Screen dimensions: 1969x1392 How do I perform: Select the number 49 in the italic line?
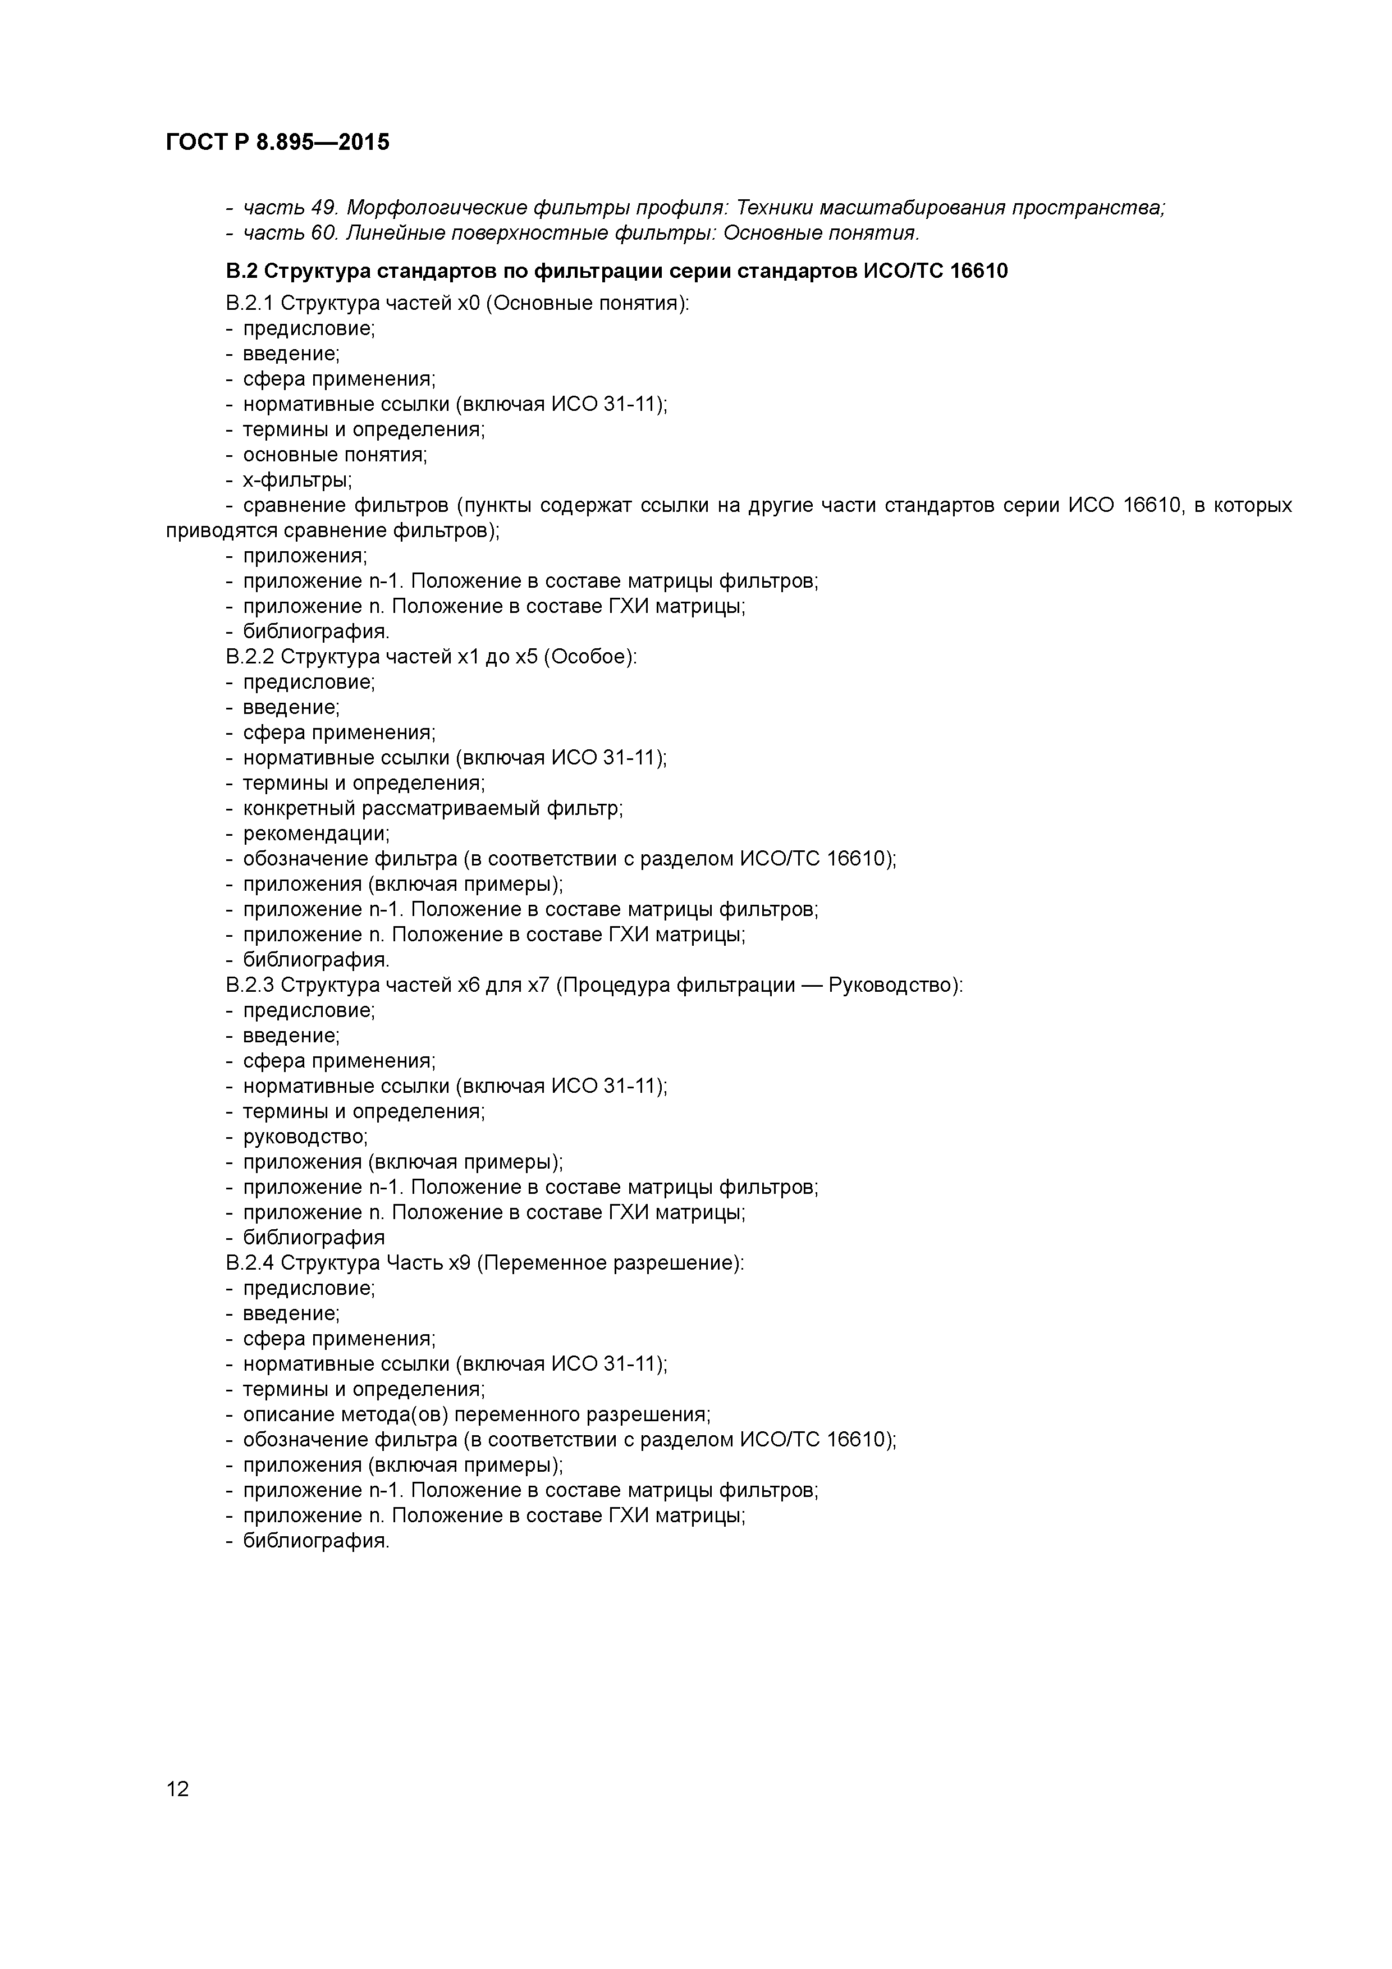point(323,208)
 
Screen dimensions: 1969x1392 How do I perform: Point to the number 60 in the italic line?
point(323,233)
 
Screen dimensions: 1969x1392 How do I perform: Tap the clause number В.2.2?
point(250,657)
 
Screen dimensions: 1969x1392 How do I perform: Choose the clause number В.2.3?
point(250,986)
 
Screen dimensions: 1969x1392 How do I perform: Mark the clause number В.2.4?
point(250,1263)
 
